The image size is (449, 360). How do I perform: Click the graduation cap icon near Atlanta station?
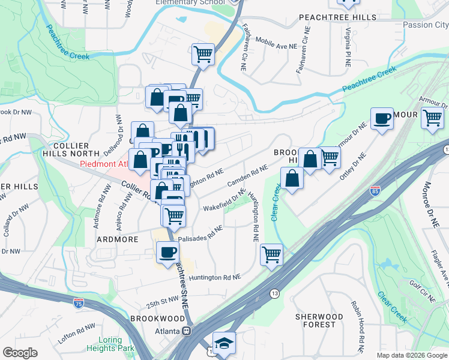(224, 343)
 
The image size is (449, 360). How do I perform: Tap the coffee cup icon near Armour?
(382, 119)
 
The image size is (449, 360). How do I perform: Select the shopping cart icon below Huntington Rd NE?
(271, 254)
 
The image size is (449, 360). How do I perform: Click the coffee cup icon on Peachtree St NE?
(167, 252)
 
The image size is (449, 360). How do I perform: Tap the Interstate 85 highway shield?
(375, 191)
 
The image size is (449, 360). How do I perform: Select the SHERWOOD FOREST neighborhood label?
(319, 320)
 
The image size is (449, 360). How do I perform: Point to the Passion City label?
(425, 25)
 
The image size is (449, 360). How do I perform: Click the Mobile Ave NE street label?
(277, 43)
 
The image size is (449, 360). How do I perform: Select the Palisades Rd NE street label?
(200, 233)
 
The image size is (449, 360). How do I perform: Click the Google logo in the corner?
(20, 353)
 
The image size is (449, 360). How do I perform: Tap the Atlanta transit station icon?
(187, 331)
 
